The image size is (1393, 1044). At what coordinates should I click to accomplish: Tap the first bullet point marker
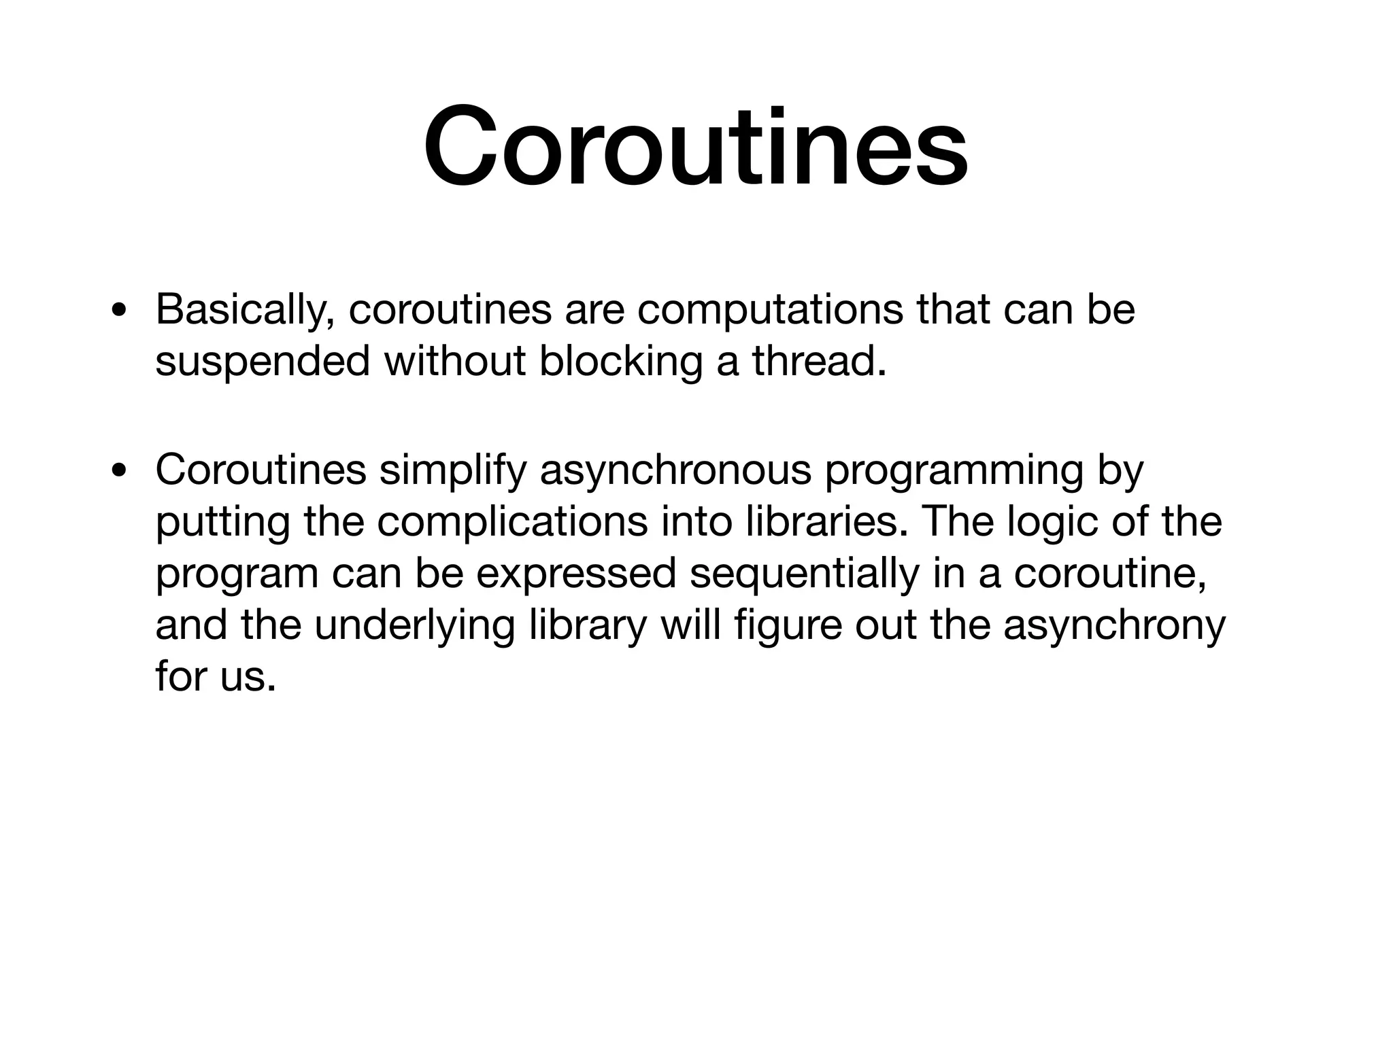[120, 312]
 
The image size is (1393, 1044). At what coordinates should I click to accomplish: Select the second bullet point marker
[120, 471]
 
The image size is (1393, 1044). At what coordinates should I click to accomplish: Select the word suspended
[263, 361]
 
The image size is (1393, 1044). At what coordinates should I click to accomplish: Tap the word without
[455, 361]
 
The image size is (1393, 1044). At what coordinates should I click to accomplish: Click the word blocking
[620, 361]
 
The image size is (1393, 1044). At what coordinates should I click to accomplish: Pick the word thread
[819, 361]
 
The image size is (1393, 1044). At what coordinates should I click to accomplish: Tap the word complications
[511, 522]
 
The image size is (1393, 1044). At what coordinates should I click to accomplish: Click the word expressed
[575, 573]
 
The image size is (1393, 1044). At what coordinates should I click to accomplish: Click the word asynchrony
[1114, 625]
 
